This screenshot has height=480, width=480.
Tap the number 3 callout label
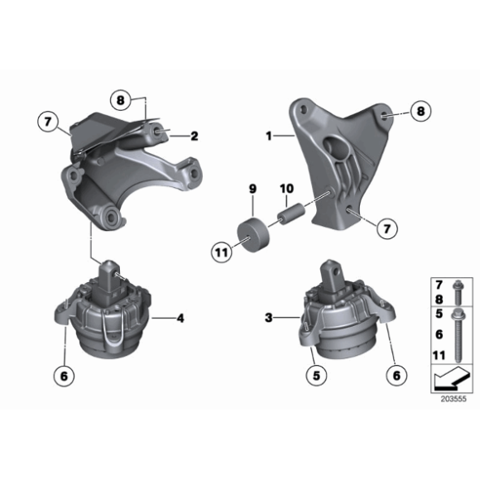point(269,316)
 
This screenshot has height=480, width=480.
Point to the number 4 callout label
point(180,316)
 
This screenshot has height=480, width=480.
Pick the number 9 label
point(252,190)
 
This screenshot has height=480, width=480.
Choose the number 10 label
point(286,190)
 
